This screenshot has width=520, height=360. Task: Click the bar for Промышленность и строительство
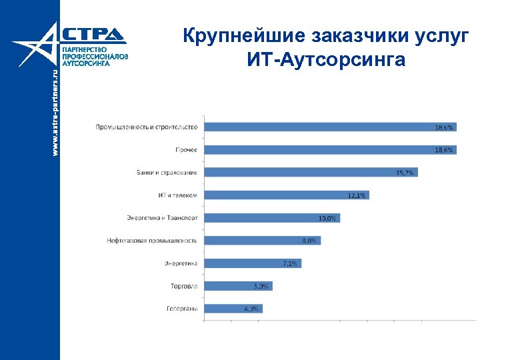tap(330, 127)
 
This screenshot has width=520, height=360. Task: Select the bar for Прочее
tap(330, 149)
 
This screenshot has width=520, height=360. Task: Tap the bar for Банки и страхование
tap(311, 172)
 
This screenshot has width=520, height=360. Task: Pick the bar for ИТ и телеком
tap(287, 195)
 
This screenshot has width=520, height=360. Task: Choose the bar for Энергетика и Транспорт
tap(272, 217)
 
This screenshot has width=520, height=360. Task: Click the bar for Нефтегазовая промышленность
tap(263, 240)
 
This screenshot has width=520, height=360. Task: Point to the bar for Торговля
tap(238, 285)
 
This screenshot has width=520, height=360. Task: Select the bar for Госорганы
tap(233, 308)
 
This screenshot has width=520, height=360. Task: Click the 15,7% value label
tap(405, 173)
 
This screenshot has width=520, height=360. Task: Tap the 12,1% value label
tap(357, 195)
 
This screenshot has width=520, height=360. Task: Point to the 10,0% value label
tap(327, 218)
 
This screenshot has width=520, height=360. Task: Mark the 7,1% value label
tap(290, 263)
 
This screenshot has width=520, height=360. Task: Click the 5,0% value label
tap(261, 286)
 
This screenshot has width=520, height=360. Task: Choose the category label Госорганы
tap(181, 309)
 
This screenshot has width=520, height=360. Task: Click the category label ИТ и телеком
tap(178, 195)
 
